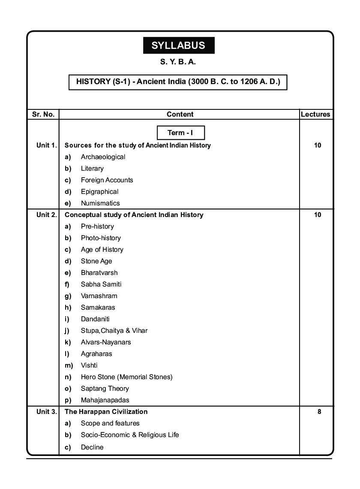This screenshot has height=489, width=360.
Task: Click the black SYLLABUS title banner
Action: pos(179,45)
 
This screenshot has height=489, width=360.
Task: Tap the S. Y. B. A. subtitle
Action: pos(178,62)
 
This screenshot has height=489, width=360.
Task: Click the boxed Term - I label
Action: pos(180,133)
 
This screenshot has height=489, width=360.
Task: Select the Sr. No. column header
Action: pos(43,115)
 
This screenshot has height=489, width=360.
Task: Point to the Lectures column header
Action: pos(315,115)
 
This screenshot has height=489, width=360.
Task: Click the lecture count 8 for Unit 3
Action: pos(319,412)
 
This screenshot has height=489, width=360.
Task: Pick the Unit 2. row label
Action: pos(46,215)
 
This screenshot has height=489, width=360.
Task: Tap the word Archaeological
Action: pos(103,157)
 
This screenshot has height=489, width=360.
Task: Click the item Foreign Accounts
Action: pos(107,180)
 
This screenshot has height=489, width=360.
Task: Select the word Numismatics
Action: pos(100,203)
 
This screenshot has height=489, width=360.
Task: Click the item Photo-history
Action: pos(101,238)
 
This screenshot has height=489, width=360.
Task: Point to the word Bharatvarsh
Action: pos(99,273)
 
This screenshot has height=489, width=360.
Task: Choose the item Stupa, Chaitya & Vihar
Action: pos(114,331)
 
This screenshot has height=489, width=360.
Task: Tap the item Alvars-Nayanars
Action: pos(106,342)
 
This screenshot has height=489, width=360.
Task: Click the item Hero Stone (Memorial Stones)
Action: pos(126,377)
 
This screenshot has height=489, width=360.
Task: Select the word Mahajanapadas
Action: pos(105,400)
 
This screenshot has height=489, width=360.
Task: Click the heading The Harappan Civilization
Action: pos(106,412)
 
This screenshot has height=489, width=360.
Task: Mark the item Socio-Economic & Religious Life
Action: pos(130,435)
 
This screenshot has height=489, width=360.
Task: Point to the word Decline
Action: pos(92,447)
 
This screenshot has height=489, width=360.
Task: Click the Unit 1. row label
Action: pos(46,145)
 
